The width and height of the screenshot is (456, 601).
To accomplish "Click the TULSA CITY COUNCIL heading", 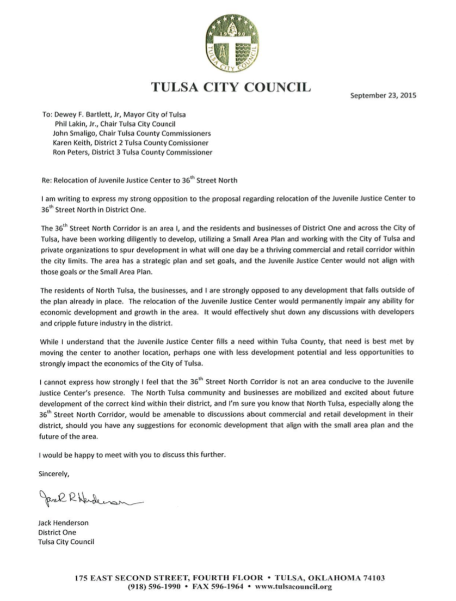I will pos(231,88).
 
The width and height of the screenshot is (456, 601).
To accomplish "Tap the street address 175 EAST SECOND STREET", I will pos(142,577).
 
